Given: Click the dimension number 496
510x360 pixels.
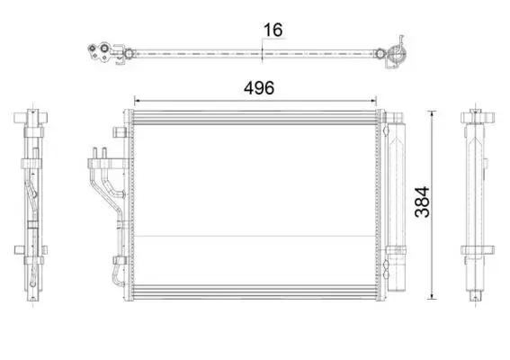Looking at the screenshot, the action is click(x=259, y=88).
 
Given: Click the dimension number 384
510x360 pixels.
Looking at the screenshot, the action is click(x=422, y=202).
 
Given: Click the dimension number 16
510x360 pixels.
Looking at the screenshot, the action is click(x=273, y=31).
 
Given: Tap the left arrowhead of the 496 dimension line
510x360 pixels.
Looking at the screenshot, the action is click(x=137, y=101).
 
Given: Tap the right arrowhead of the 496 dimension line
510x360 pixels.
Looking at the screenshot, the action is click(x=373, y=101).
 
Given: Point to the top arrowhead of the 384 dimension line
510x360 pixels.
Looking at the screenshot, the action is click(x=432, y=113).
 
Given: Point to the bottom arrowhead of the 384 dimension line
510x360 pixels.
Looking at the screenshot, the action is click(x=432, y=296).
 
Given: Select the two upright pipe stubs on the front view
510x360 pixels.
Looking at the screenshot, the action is click(x=100, y=153).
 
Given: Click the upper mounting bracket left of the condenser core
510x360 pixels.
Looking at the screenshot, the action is click(x=120, y=131).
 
